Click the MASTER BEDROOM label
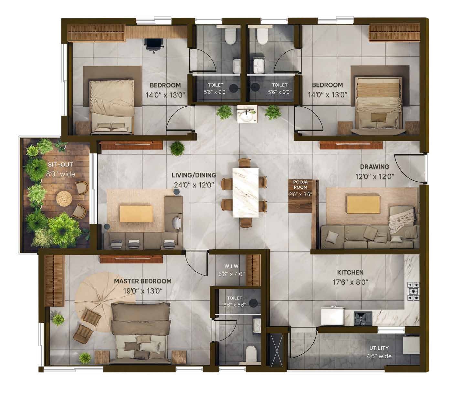pyautogui.click(x=142, y=281)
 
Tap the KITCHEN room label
pyautogui.click(x=350, y=272)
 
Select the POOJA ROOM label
pyautogui.click(x=300, y=185)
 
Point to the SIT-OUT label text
pyautogui.click(x=60, y=165)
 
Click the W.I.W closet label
pyautogui.click(x=231, y=266)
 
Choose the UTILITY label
pyautogui.click(x=379, y=348)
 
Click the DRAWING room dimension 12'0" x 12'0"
pyautogui.click(x=374, y=176)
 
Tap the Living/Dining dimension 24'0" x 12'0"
pyautogui.click(x=194, y=185)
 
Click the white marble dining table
pyautogui.click(x=246, y=193)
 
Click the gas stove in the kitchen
pyautogui.click(x=413, y=291)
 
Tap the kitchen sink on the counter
pyautogui.click(x=363, y=319)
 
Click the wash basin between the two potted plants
pyautogui.click(x=247, y=114)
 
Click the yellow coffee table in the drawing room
pyautogui.click(x=363, y=204)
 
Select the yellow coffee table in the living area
pyautogui.click(x=136, y=214)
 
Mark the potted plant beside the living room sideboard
pyautogui.click(x=177, y=148)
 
